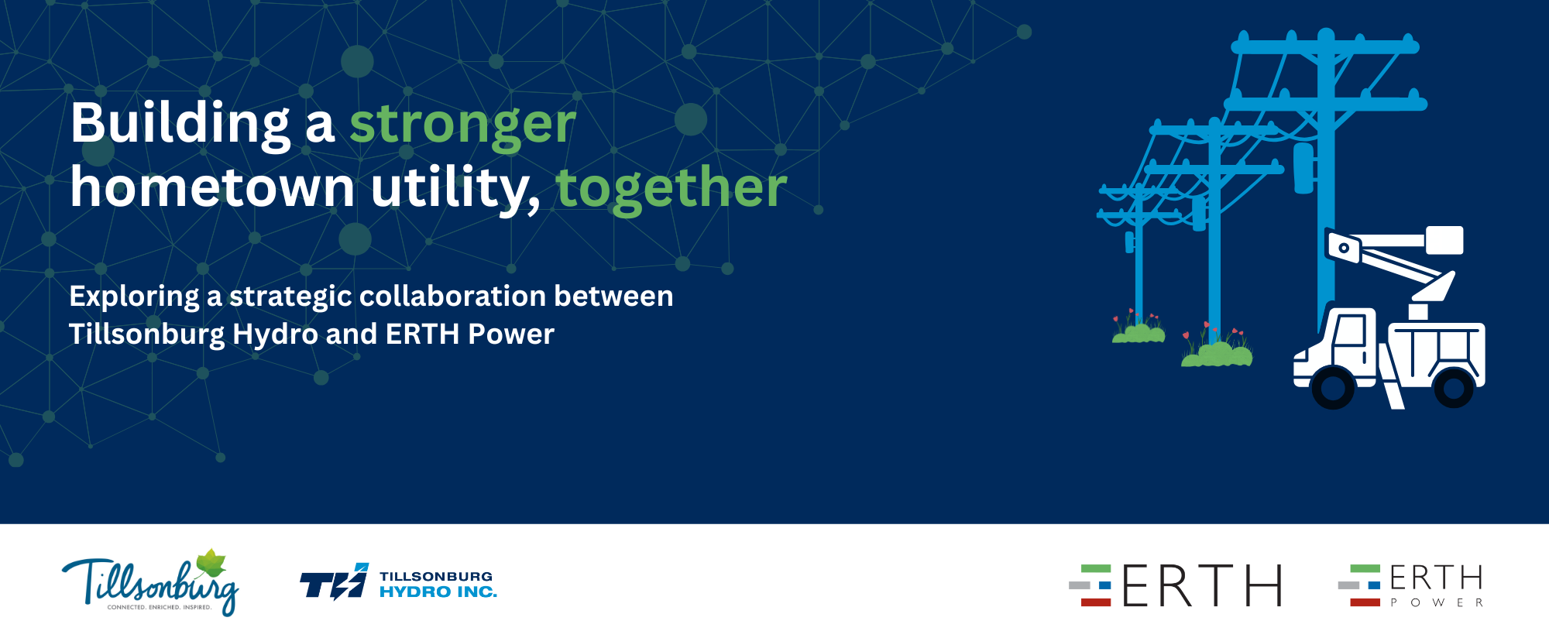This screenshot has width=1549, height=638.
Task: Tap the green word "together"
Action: tap(671, 190)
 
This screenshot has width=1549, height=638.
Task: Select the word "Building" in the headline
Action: tap(180, 125)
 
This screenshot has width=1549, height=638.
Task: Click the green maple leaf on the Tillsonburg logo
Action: tap(211, 564)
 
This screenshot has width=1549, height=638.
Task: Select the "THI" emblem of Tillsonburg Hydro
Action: tap(335, 581)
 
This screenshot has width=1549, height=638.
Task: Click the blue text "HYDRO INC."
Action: tap(438, 592)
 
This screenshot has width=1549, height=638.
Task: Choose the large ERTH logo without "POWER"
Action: tap(1176, 585)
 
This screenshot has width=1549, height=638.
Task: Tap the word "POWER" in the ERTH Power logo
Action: tap(1437, 602)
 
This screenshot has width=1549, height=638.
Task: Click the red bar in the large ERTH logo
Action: tap(1096, 602)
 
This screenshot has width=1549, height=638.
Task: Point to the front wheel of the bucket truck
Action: tap(1332, 388)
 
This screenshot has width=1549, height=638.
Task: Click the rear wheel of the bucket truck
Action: tap(1454, 387)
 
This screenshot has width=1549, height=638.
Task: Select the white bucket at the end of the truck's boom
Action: tap(1444, 240)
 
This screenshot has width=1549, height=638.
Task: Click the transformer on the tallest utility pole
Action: tap(1304, 168)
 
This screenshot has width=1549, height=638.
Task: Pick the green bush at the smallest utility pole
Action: tap(1139, 334)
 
